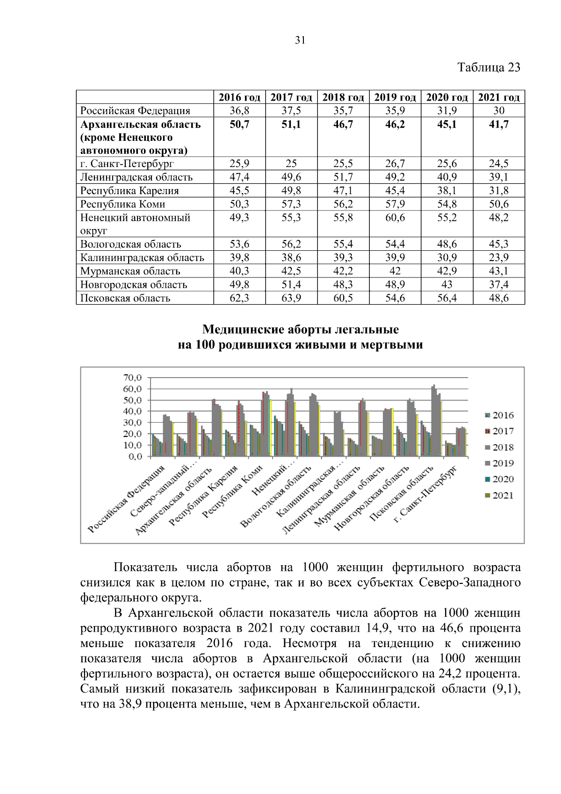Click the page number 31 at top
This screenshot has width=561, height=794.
(x=300, y=40)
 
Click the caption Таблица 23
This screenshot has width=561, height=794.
(x=489, y=67)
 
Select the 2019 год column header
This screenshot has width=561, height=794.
(x=395, y=97)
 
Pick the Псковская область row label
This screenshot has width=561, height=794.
(x=125, y=298)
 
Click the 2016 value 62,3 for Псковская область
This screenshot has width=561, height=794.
(x=239, y=298)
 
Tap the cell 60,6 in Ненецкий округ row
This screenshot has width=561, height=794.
(x=395, y=218)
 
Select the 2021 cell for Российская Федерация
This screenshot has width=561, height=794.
(x=499, y=110)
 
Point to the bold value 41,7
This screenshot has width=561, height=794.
(x=499, y=124)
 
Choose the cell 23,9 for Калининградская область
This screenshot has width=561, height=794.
(x=499, y=257)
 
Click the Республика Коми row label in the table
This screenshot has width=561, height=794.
(x=122, y=204)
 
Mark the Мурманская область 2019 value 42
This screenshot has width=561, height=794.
(x=395, y=271)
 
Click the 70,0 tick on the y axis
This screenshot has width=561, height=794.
(x=132, y=378)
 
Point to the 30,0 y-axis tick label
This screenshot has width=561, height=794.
(x=132, y=422)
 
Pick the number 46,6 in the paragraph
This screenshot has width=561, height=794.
(x=452, y=628)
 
